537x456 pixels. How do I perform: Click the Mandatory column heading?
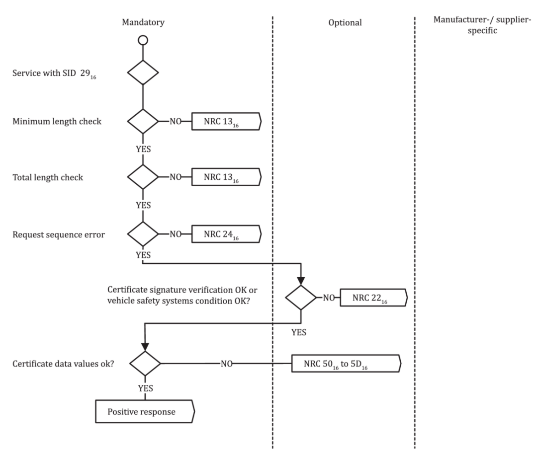coord(143,22)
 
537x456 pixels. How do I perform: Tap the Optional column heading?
coord(345,22)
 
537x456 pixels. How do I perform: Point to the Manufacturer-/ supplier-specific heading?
coord(482,25)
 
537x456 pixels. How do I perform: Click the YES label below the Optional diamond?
coord(299,332)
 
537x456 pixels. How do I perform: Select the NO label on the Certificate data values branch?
coord(226,364)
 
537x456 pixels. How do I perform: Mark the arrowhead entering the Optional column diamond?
coord(301,281)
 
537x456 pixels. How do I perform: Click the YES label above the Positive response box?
coord(145,388)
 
